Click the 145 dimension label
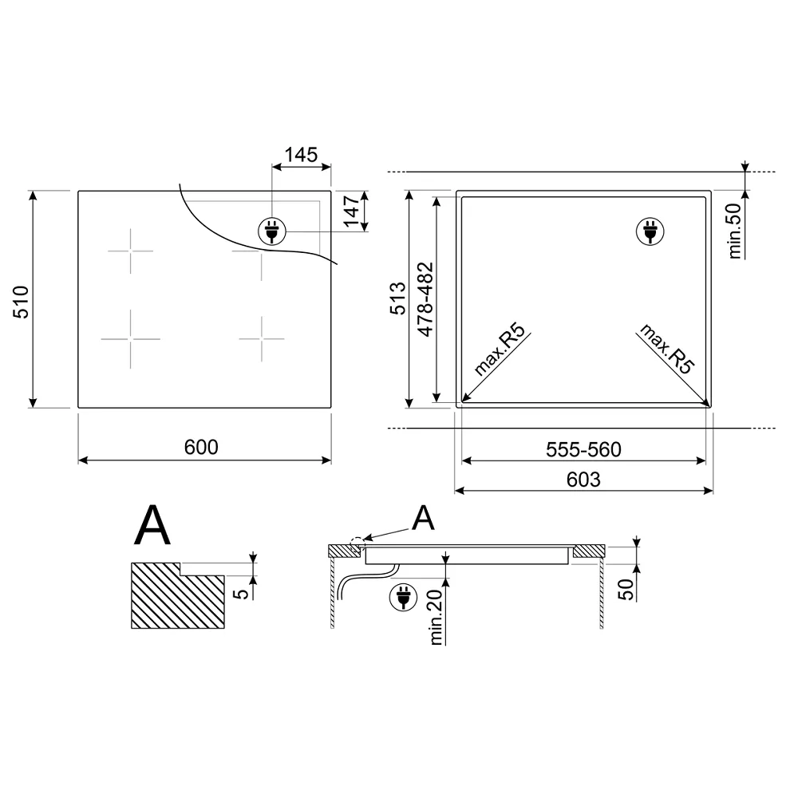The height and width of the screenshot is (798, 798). coord(301,155)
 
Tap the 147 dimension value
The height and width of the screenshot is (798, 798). coord(352,211)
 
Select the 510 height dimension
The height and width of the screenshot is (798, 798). coord(21,302)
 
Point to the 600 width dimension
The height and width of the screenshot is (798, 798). coord(201,447)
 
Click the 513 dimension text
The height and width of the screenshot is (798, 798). coord(398,298)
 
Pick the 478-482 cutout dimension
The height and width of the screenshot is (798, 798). coord(425,299)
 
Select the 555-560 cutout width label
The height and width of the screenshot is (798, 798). coord(584,449)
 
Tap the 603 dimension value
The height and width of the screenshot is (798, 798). coord(584,480)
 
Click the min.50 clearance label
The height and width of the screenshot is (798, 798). coord(735,231)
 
